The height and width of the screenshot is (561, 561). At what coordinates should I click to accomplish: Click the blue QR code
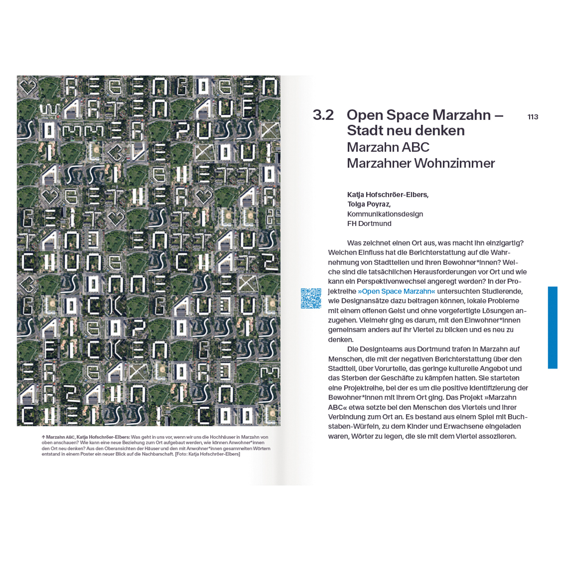point(311,298)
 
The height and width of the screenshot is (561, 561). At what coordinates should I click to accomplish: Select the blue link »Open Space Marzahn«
point(396,291)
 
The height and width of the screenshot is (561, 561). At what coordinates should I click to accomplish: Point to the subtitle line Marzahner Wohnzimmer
point(421,163)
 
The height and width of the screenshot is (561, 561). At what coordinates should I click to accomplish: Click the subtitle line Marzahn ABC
point(388,147)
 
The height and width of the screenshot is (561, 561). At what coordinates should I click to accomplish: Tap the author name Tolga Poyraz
point(369,205)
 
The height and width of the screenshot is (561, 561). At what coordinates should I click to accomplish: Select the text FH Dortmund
point(369,224)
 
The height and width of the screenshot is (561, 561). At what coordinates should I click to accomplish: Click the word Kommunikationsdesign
point(385,214)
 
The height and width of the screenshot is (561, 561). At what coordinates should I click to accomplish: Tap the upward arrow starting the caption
point(43,437)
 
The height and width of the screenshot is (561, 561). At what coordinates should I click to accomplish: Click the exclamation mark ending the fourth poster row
point(269,152)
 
